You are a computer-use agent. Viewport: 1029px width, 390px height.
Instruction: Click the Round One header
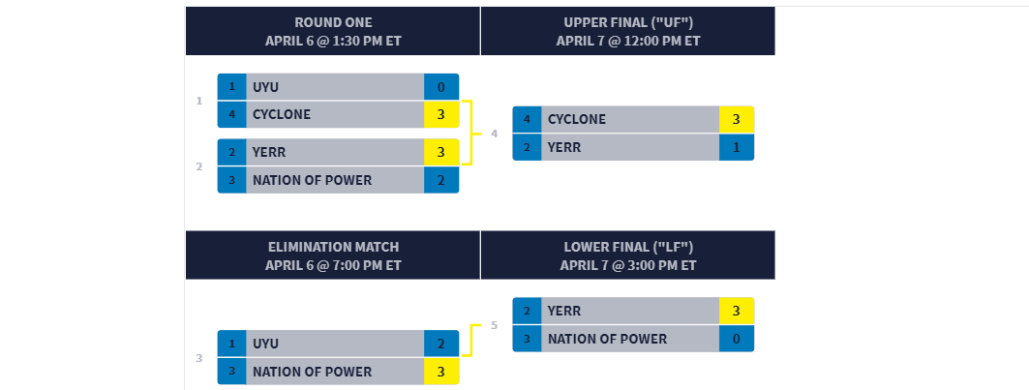[x=333, y=31]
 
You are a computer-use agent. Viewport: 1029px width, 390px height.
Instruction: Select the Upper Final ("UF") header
[x=628, y=31]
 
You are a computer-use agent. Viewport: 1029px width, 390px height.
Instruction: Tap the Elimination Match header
[x=333, y=255]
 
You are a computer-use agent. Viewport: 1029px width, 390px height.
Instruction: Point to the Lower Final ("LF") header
[x=628, y=255]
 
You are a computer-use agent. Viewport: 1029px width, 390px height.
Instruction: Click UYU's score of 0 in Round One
[x=441, y=87]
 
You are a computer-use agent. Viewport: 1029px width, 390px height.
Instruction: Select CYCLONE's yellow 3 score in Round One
[x=441, y=114]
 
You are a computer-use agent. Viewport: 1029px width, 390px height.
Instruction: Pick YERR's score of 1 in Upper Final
[x=737, y=147]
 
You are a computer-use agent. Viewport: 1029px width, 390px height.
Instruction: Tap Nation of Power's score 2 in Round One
[x=441, y=180]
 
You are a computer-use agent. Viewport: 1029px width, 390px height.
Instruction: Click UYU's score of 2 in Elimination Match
[x=441, y=344]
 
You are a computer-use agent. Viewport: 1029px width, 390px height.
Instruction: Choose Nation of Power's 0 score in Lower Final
[x=737, y=339]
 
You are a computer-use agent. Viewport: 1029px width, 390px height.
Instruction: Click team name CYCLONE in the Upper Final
[x=577, y=119]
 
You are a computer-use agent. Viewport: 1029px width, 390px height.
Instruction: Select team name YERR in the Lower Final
[x=564, y=311]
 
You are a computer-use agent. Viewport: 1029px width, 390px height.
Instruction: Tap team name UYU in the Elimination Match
[x=266, y=344]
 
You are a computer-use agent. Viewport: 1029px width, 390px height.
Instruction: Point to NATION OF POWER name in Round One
[x=313, y=180]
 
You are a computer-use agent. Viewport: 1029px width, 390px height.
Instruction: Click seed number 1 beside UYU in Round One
[x=231, y=87]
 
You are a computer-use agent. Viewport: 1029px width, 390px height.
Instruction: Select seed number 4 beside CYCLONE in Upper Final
[x=527, y=119]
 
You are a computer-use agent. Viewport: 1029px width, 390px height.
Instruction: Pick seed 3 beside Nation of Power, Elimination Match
[x=231, y=372]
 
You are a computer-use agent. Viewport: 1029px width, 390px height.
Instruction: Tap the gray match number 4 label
[x=494, y=134]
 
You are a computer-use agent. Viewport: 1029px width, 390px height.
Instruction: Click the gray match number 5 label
[x=494, y=325]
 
